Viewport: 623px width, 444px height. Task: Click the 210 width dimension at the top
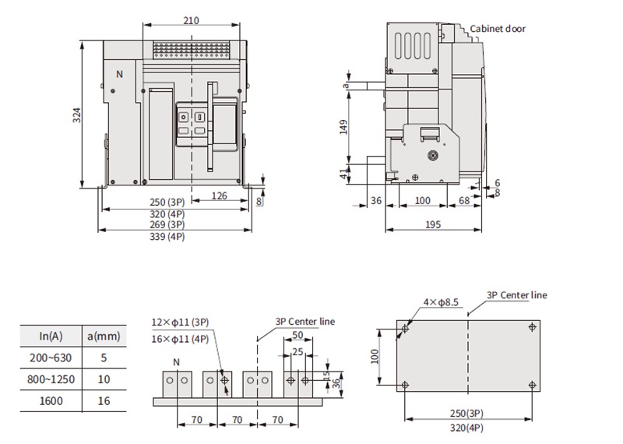191,20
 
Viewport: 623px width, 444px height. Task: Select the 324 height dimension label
76,115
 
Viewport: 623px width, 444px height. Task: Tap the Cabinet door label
498,29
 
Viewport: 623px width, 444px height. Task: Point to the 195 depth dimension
433,224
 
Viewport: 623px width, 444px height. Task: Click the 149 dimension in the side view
343,127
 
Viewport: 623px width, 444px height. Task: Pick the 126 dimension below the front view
219,196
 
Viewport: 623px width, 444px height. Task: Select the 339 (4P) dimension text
167,237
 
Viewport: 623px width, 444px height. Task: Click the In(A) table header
51,337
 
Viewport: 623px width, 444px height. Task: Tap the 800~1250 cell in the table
51,379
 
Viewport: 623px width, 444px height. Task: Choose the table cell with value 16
104,400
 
